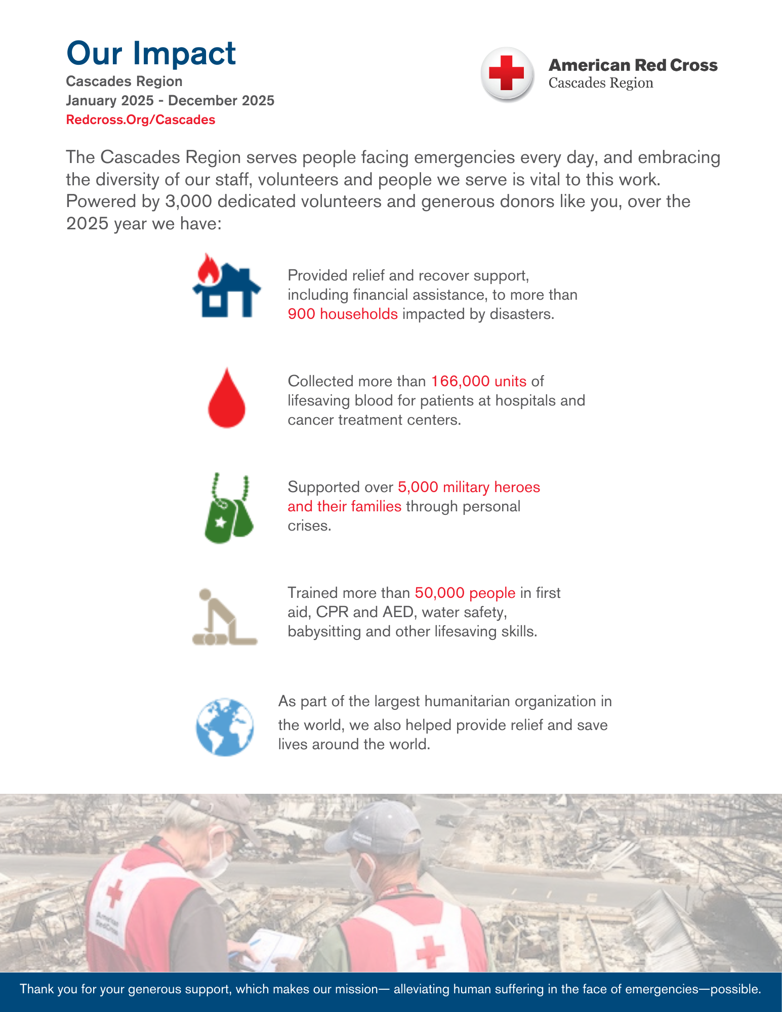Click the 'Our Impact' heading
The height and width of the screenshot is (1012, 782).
tap(151, 54)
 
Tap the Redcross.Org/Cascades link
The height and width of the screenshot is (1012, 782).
tap(141, 120)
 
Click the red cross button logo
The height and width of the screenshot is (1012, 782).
tap(507, 74)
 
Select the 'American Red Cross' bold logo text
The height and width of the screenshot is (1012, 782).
tap(633, 65)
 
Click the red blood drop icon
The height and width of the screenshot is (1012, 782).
tap(227, 398)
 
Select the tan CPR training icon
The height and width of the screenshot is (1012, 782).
tap(224, 617)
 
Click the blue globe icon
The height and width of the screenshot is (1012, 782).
tap(225, 727)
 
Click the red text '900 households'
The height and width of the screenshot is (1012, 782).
tap(343, 314)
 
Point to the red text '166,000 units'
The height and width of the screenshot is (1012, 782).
tap(478, 381)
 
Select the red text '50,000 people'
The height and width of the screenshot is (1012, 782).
tap(465, 593)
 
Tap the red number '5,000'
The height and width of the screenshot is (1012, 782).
tap(418, 487)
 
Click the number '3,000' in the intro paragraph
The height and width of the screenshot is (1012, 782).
tap(188, 201)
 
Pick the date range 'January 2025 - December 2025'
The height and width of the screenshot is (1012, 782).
tap(170, 101)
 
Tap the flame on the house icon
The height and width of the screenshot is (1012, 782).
tap(208, 269)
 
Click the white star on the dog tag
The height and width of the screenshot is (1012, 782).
tap(221, 522)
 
